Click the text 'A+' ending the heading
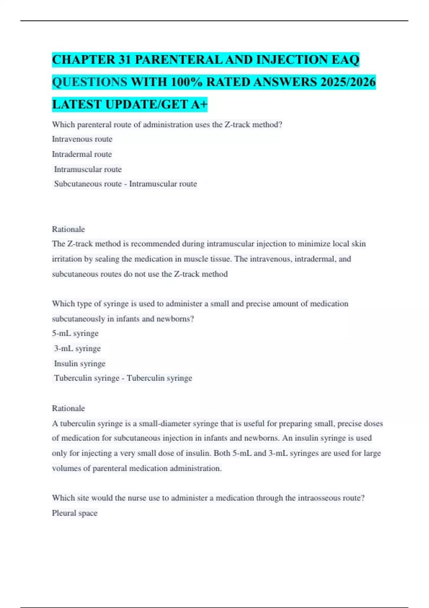pyautogui.click(x=199, y=104)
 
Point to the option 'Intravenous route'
pyautogui.click(x=82, y=139)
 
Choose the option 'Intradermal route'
pyautogui.click(x=82, y=154)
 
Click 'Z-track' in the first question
pyautogui.click(x=238, y=125)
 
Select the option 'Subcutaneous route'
pyautogui.click(x=88, y=184)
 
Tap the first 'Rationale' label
pyautogui.click(x=68, y=229)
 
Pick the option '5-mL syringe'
pyautogui.click(x=75, y=333)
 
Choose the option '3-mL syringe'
pyautogui.click(x=77, y=348)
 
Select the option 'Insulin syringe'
pyautogui.click(x=80, y=364)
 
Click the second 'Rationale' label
pyautogui.click(x=68, y=408)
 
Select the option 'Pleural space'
pyautogui.click(x=75, y=513)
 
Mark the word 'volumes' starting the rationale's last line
pyautogui.click(x=66, y=468)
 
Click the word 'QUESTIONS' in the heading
pyautogui.click(x=89, y=82)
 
